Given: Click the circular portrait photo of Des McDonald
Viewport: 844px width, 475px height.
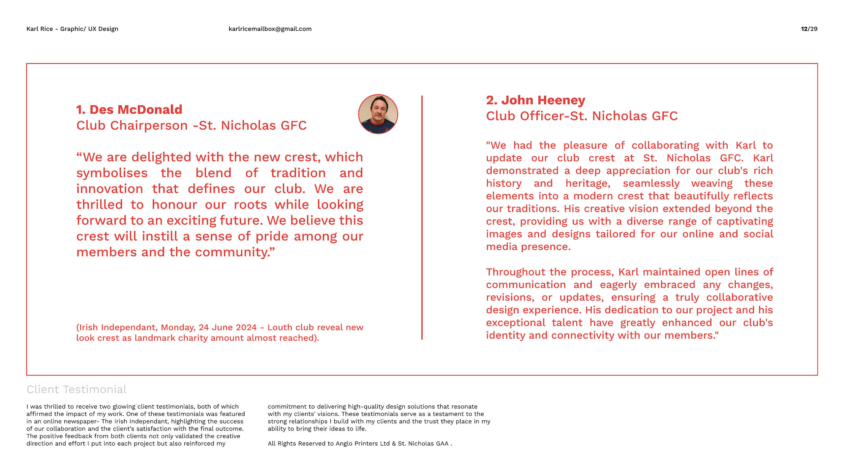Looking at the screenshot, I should (378, 114).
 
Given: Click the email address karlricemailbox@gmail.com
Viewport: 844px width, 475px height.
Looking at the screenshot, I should (270, 29).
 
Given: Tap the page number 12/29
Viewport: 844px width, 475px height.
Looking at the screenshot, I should (809, 29).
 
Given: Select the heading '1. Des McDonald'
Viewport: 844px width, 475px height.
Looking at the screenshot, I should (129, 110).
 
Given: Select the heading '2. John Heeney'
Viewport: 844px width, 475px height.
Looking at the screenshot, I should (536, 100).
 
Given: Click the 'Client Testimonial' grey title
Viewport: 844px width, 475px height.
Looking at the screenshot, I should (76, 390).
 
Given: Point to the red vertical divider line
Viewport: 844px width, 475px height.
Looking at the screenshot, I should (422, 218).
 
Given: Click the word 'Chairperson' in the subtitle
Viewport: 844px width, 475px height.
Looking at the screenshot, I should (149, 126).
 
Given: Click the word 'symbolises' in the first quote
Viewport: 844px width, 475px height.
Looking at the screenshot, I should (112, 173).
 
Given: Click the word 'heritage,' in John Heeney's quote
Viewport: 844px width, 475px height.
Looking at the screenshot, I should (588, 183).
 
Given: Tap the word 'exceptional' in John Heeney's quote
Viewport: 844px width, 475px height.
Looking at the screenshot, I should (516, 323).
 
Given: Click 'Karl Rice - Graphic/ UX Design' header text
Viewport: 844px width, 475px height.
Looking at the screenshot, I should (72, 29).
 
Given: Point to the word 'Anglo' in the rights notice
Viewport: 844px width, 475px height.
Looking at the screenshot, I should (345, 444).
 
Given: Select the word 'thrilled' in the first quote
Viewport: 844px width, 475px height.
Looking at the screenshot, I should (100, 205).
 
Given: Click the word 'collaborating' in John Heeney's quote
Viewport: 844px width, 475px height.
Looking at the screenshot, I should (665, 145).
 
